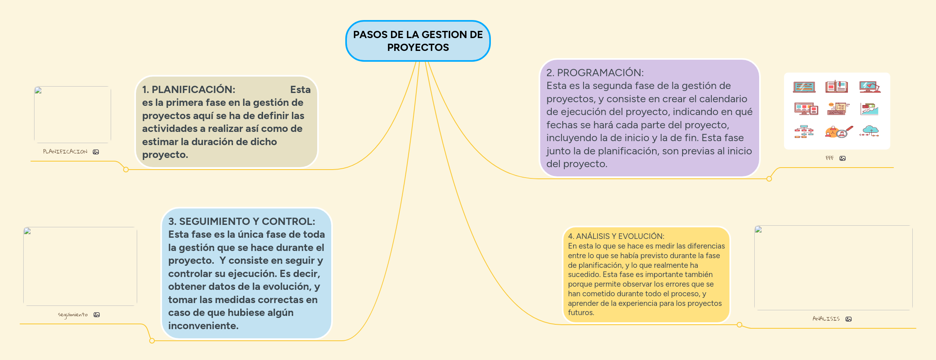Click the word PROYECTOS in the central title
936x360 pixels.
tap(418, 47)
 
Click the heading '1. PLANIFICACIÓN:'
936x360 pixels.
tap(188, 89)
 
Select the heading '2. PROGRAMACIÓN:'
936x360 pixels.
tap(595, 73)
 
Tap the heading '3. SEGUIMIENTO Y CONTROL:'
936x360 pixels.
tap(241, 221)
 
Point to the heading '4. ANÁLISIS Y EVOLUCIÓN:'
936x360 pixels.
tap(616, 236)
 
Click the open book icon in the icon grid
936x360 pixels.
tap(837, 87)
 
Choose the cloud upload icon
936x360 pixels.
tap(869, 131)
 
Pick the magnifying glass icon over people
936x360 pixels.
tap(839, 132)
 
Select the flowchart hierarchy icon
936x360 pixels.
tap(804, 131)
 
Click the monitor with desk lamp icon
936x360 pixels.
tap(869, 87)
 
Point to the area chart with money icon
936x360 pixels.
tap(869, 109)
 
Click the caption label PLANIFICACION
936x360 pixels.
tap(65, 152)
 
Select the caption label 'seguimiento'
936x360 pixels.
tap(73, 315)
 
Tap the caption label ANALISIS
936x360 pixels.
tap(826, 319)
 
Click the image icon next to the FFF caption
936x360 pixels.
tap(843, 158)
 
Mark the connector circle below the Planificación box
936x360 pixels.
tap(126, 170)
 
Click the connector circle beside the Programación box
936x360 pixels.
tap(769, 179)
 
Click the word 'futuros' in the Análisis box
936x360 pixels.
tap(580, 313)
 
